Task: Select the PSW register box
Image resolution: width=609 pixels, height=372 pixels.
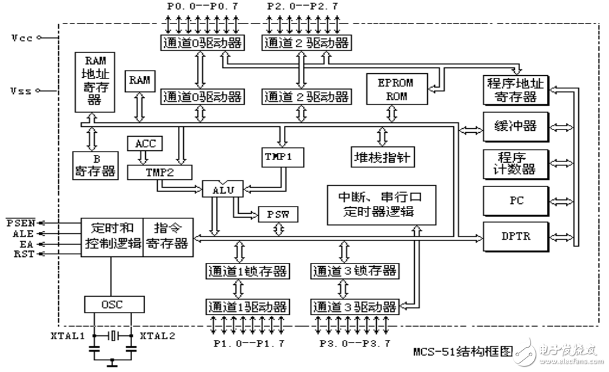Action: click(279, 214)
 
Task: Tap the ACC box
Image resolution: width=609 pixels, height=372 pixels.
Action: click(145, 144)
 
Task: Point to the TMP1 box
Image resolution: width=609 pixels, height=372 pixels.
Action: click(280, 157)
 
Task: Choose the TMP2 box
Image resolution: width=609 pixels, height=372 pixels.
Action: click(160, 173)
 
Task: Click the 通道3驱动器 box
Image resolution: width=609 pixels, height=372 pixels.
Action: click(354, 306)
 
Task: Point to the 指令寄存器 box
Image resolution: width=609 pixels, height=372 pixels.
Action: click(167, 236)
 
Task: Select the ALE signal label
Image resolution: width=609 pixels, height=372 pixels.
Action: click(18, 232)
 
